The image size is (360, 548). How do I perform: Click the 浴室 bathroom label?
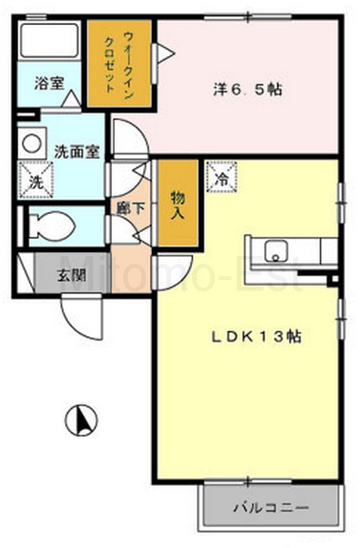(x=49, y=83)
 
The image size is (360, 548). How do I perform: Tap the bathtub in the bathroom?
(x=48, y=40)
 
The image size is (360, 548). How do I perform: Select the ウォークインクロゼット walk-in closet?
(x=119, y=63)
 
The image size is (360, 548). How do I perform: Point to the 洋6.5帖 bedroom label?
(x=247, y=90)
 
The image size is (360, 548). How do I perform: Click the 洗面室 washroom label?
(x=77, y=151)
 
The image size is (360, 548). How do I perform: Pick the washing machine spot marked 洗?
(x=36, y=180)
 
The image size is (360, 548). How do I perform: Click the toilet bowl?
(x=52, y=226)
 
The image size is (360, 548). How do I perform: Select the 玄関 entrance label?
(x=72, y=276)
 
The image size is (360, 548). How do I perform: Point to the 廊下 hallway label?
(x=131, y=209)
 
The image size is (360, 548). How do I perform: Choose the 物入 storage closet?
(x=178, y=203)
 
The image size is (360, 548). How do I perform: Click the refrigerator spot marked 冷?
(x=222, y=176)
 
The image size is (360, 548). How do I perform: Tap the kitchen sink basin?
(x=276, y=251)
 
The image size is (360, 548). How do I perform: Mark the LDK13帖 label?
(x=256, y=337)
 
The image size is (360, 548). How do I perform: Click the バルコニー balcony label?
(x=271, y=507)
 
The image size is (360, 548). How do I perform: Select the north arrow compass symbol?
(x=82, y=420)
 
